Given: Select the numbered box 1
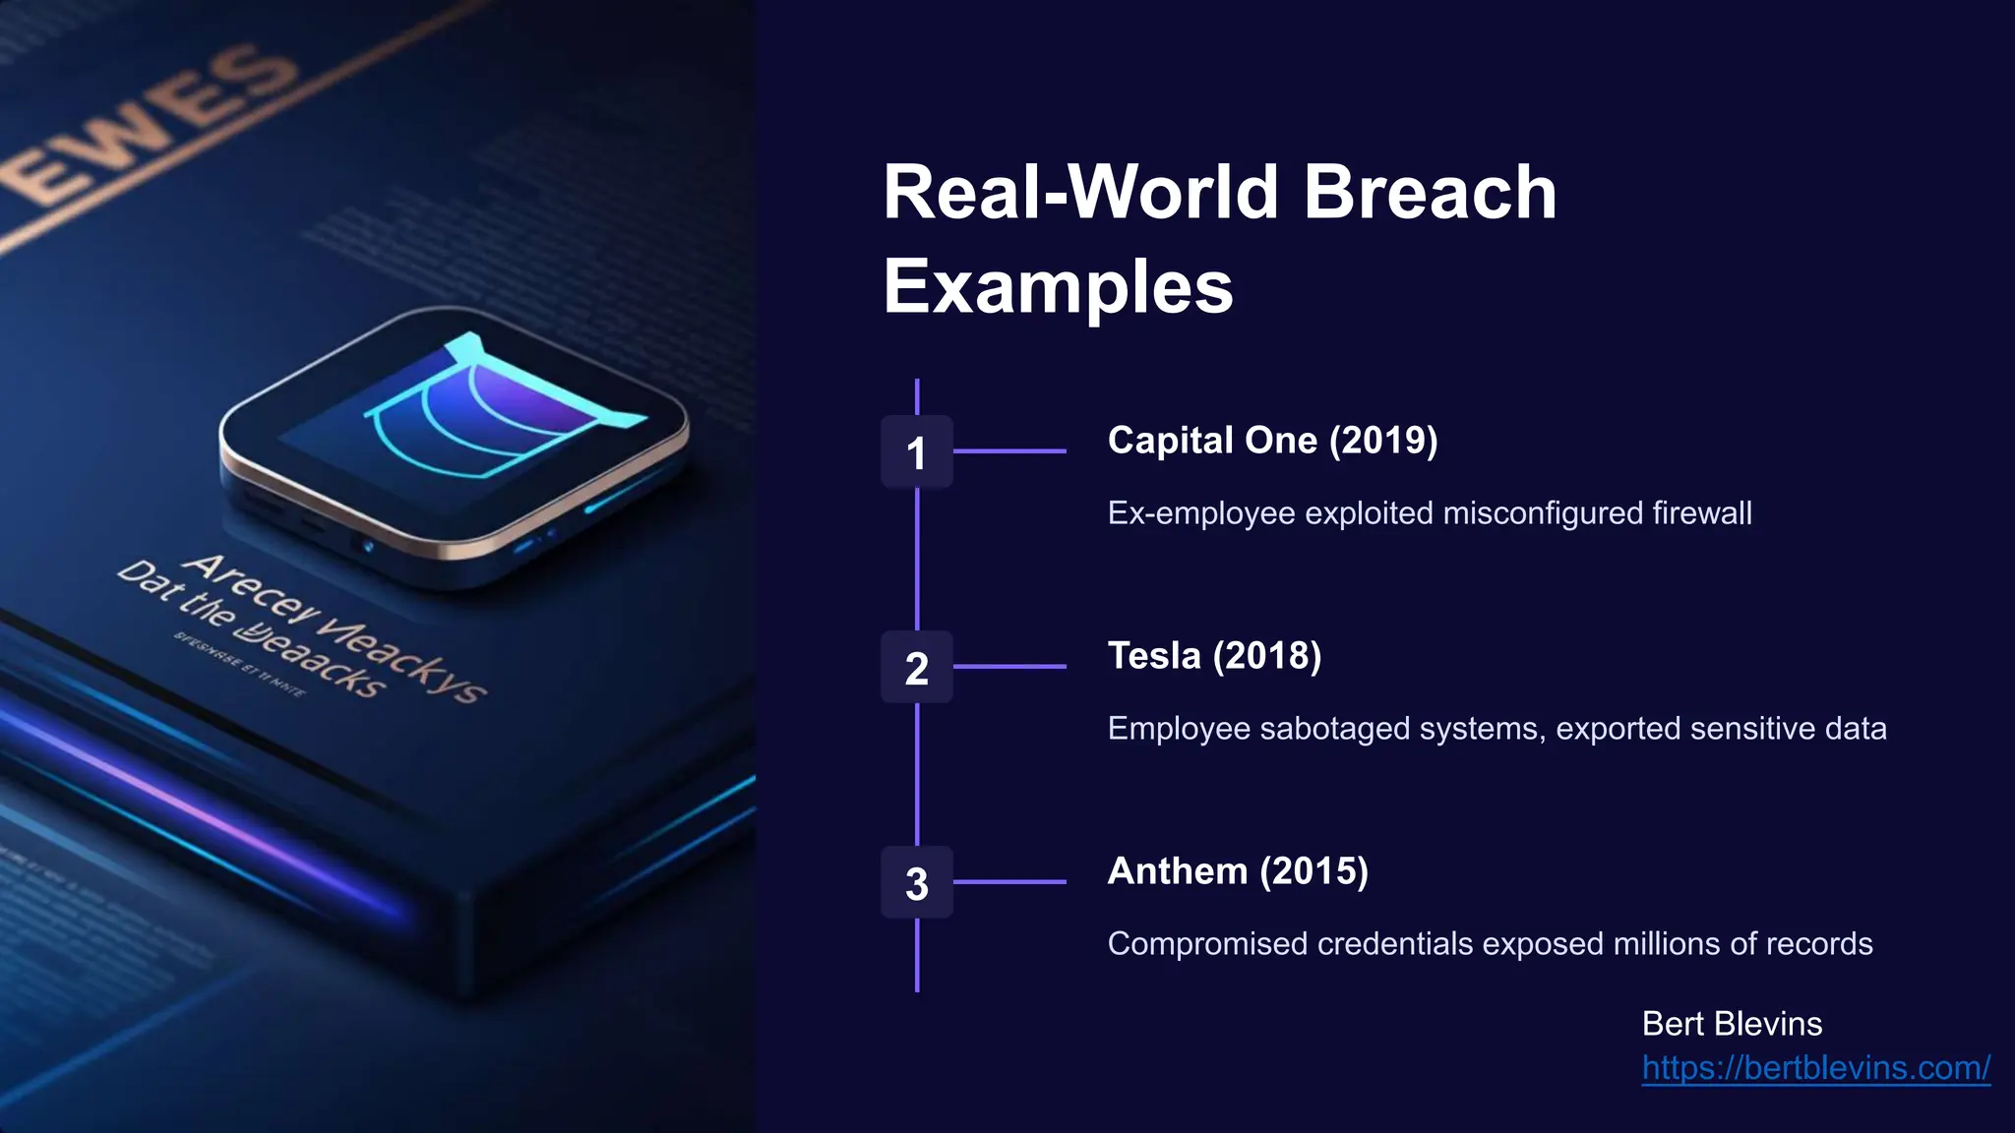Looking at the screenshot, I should (x=916, y=452).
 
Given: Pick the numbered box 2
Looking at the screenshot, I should (x=916, y=668).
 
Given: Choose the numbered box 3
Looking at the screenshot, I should (x=916, y=883).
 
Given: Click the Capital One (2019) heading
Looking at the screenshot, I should (x=1272, y=441).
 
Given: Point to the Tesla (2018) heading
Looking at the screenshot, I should (x=1214, y=656).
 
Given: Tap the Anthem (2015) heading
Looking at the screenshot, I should (x=1238, y=871).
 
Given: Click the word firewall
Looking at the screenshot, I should (x=1701, y=513).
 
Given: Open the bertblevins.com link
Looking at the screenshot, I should (x=1815, y=1068).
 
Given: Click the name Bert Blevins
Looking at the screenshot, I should (x=1732, y=1024).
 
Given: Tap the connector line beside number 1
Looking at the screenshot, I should (x=1009, y=451).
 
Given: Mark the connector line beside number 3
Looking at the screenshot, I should (x=1009, y=882).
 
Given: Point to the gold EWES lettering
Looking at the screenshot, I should (x=148, y=128).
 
